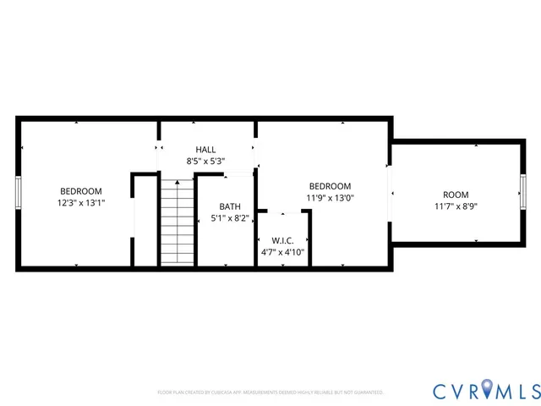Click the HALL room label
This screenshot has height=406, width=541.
pyautogui.click(x=205, y=149)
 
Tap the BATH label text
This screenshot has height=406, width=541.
pyautogui.click(x=229, y=206)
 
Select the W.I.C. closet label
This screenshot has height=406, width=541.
pyautogui.click(x=281, y=240)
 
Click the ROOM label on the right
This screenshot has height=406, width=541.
pyautogui.click(x=456, y=195)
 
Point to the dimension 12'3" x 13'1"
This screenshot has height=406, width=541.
pyautogui.click(x=81, y=203)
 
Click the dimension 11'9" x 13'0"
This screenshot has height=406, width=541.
pyautogui.click(x=330, y=198)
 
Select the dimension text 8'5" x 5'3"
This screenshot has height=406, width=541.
pyautogui.click(x=205, y=161)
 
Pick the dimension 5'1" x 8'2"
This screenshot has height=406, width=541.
pyautogui.click(x=229, y=218)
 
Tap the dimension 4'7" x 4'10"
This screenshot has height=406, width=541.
pyautogui.click(x=281, y=252)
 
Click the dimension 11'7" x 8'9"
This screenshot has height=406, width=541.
pyautogui.click(x=456, y=206)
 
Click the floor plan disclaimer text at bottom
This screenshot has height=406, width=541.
pyautogui.click(x=270, y=392)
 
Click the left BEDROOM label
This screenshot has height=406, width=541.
pyautogui.click(x=81, y=191)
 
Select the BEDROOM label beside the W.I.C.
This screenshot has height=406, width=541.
pyautogui.click(x=330, y=186)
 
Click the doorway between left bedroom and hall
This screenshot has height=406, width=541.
pyautogui.click(x=158, y=149)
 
